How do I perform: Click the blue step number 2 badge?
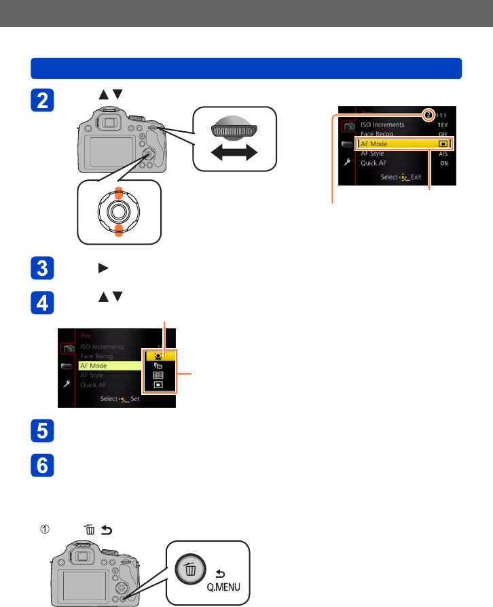[x=42, y=102]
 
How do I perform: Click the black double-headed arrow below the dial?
[x=235, y=154]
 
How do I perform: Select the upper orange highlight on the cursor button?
[x=118, y=192]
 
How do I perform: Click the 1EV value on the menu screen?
[x=442, y=125]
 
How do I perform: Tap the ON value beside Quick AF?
[x=443, y=163]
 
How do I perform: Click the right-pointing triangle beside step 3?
[x=103, y=268]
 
